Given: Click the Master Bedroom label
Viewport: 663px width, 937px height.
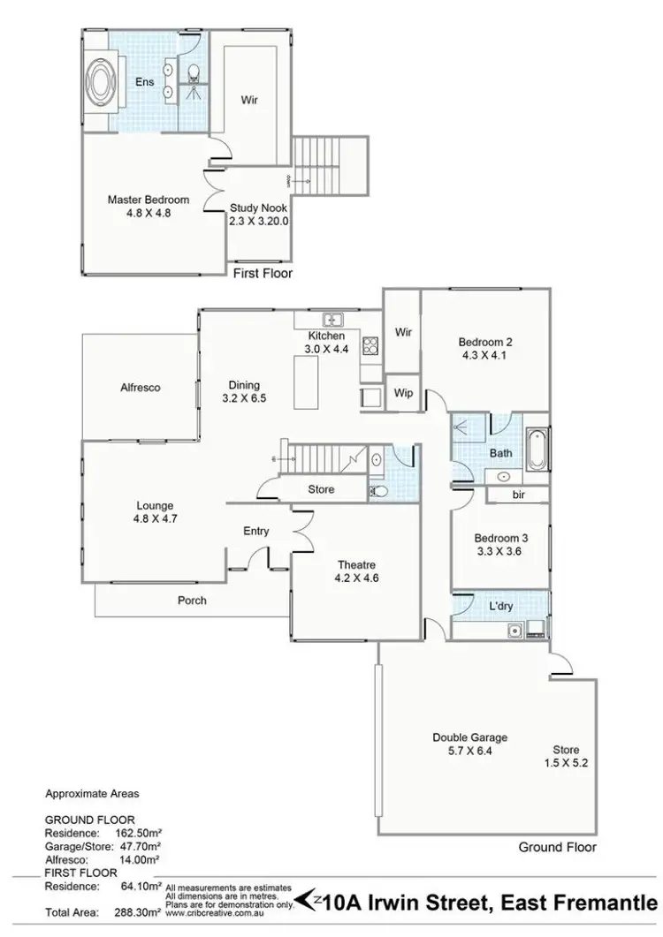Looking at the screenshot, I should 148,200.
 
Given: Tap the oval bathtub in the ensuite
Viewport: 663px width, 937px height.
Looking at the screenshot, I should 97,80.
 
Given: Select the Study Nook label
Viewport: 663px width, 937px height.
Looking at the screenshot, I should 258,208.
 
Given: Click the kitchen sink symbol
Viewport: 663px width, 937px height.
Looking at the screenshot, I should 333,320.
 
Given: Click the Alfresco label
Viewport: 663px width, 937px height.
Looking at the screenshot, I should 141,387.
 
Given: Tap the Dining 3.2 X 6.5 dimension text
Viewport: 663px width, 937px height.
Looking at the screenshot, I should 245,399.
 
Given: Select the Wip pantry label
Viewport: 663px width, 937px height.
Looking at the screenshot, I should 404,393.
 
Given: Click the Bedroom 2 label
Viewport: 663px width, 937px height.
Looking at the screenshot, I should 485,343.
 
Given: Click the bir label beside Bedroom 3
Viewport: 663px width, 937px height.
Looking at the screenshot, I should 518,496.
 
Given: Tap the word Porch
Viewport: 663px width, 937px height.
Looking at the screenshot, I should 192,601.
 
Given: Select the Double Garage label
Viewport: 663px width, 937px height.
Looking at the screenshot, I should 469,737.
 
